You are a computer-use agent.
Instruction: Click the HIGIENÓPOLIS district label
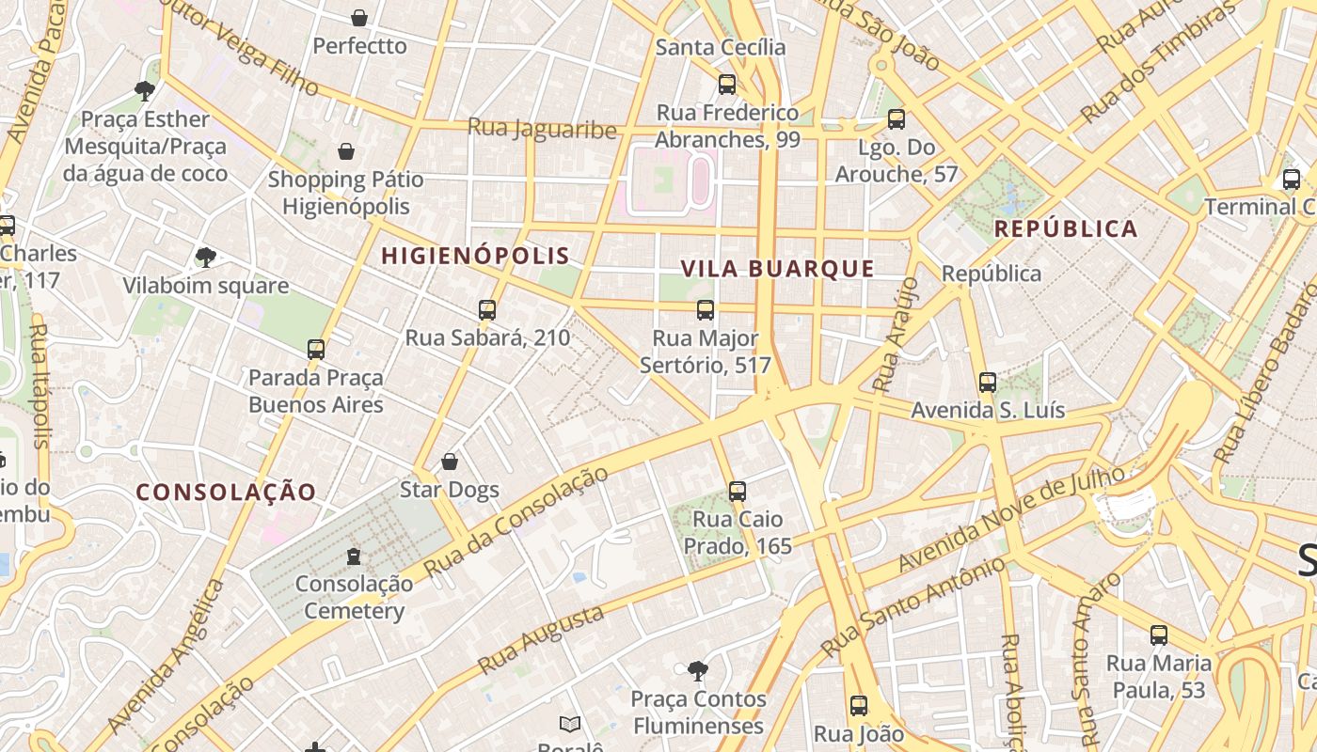coord(475,256)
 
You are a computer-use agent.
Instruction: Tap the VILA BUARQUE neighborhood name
coord(777,269)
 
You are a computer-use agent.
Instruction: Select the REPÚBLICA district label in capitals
coord(1066,228)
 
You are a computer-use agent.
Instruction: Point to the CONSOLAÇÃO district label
coord(226,492)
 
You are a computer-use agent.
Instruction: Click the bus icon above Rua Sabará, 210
coord(486,310)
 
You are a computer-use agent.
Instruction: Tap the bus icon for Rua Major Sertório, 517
coord(705,310)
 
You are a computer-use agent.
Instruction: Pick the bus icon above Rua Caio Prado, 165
coord(738,492)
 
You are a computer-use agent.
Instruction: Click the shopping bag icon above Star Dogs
coord(450,462)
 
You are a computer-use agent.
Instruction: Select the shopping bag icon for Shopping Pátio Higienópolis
coord(346,151)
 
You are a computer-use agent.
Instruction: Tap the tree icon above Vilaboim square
coord(205,258)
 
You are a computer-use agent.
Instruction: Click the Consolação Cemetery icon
coord(354,556)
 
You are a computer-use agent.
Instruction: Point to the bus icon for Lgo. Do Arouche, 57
coord(897,119)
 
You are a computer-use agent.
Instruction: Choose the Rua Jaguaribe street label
coord(542,129)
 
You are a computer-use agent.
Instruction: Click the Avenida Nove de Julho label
coord(1011,519)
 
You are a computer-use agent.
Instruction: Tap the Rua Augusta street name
coord(540,640)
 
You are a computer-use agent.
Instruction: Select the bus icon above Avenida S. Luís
coord(987,383)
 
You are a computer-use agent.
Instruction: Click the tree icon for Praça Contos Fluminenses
coord(697,671)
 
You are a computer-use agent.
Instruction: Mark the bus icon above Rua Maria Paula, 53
coord(1159,635)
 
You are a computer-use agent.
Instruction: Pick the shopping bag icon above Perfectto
coord(359,18)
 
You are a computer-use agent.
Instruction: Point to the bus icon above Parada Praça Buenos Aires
coord(316,350)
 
